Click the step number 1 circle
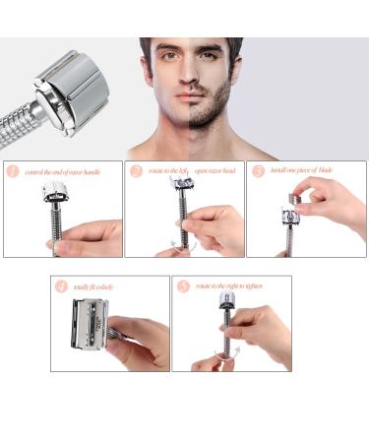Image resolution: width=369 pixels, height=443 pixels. (14, 170)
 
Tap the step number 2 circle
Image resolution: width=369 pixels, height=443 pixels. (136, 170)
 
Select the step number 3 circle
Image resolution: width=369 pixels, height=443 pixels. (259, 170)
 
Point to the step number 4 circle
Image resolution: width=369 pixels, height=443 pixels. (62, 286)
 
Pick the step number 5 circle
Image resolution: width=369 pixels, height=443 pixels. (183, 286)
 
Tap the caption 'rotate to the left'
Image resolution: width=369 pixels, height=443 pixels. (168, 171)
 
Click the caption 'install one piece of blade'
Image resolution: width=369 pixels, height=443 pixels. (305, 171)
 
